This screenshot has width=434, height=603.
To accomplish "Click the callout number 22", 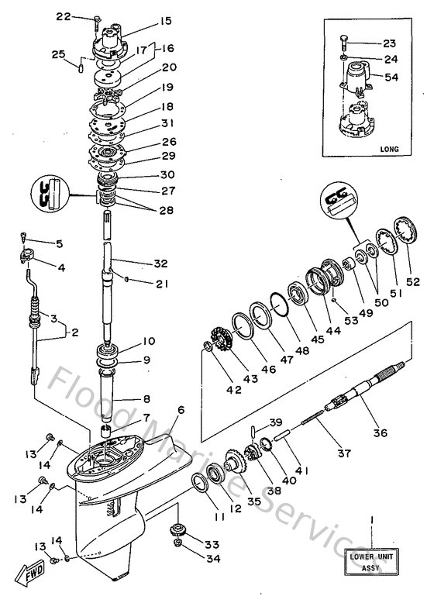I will click(84, 16).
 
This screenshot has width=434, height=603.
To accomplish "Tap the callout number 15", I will click(167, 21).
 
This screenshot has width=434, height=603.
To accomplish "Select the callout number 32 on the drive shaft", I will click(160, 263).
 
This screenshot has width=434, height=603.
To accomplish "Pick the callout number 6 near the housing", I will click(181, 410).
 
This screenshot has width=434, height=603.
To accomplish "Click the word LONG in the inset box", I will click(391, 147).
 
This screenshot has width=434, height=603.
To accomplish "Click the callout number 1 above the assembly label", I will click(371, 518).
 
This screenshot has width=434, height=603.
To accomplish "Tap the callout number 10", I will click(149, 342).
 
